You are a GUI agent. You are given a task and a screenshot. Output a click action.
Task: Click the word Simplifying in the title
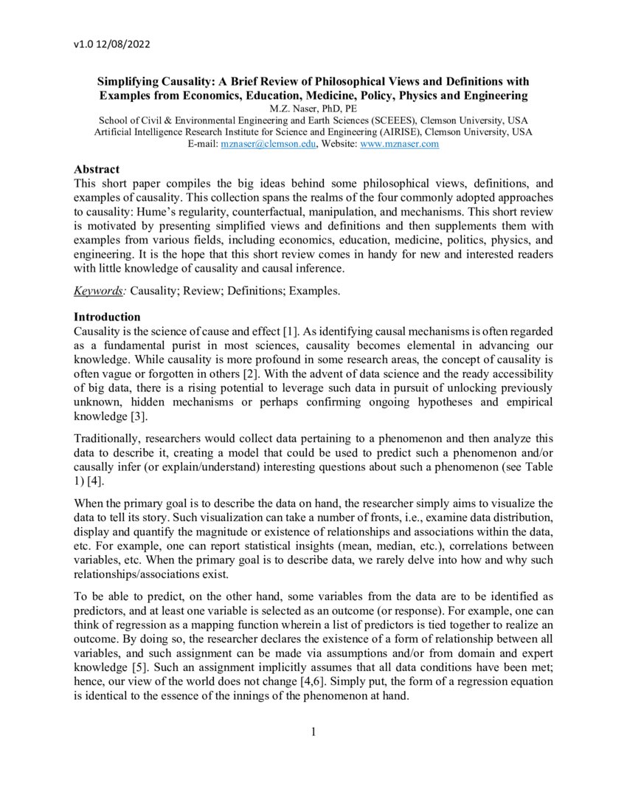tap(135, 81)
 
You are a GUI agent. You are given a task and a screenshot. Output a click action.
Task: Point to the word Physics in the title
tap(428, 95)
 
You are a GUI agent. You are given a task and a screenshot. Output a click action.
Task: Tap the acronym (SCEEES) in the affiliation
tap(402, 120)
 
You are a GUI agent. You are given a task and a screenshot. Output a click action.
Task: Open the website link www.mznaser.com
tap(399, 144)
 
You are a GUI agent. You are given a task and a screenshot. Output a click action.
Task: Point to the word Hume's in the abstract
tap(157, 210)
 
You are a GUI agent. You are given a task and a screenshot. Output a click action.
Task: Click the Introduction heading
tap(107, 317)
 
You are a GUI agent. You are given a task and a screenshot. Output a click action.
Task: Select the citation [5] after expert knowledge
tap(134, 669)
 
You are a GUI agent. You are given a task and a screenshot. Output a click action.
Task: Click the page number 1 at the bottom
tap(313, 732)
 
